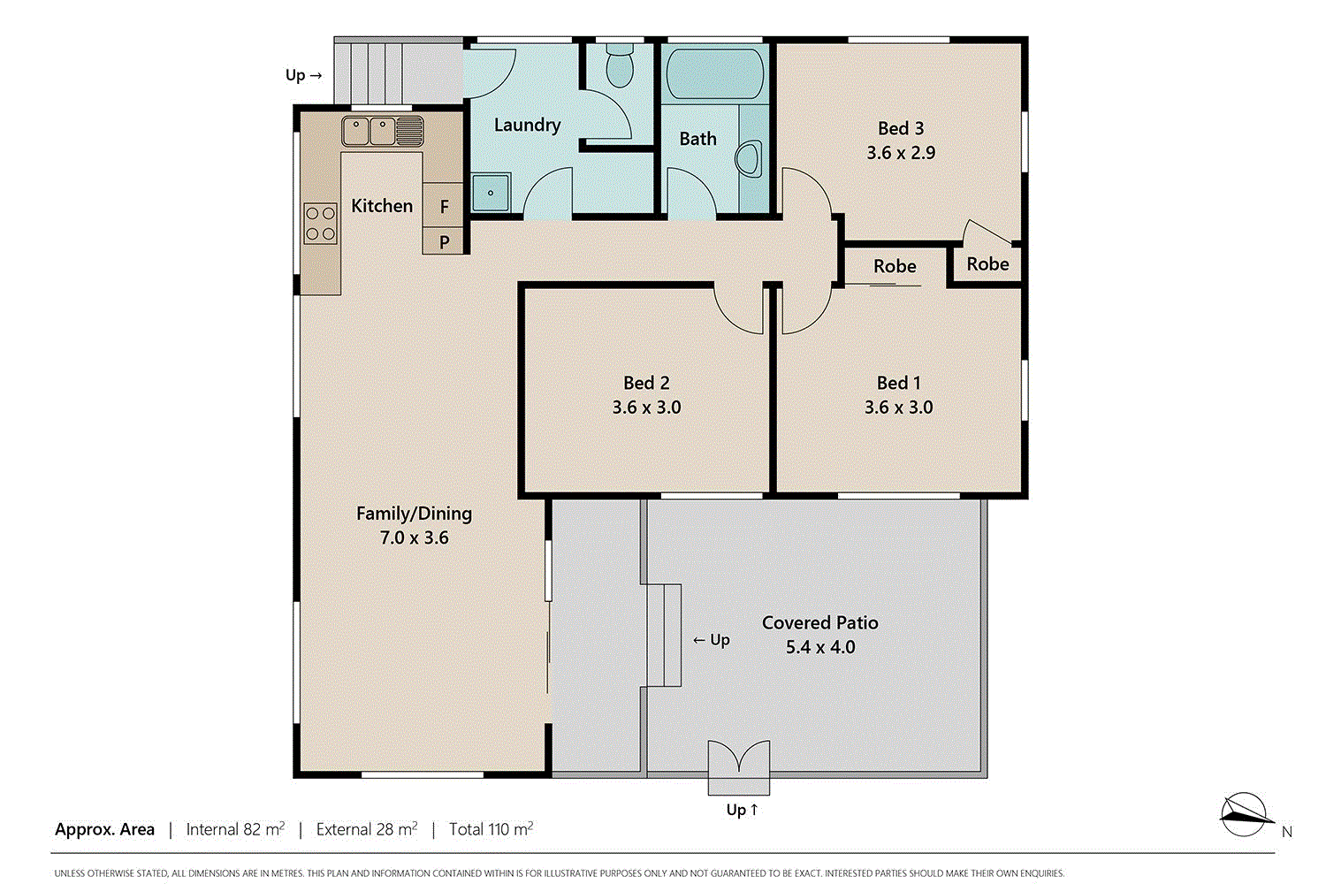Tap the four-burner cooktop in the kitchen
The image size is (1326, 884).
pos(320,223)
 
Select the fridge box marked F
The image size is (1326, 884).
pos(444,206)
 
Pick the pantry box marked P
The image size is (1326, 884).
pos(444,241)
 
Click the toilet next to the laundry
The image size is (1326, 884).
pos(619,67)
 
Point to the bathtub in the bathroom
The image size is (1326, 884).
pos(713,74)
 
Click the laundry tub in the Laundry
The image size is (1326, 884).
pos(490,193)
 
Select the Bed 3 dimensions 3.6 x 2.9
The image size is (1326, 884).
pos(900,153)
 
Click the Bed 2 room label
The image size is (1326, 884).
pos(646,383)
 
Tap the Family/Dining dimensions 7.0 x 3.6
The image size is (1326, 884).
pos(414,537)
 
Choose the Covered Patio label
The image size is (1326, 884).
pos(819,622)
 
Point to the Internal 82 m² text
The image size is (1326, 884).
pos(235,829)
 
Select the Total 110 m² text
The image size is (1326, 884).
pos(491,829)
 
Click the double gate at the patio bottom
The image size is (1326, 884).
pos(738,759)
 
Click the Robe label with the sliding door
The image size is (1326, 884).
pos(895,266)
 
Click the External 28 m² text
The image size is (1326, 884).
pos(366,829)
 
